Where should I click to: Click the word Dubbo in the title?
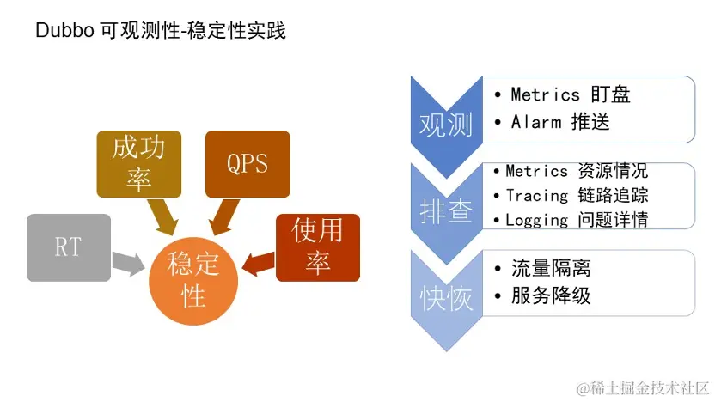point(59,32)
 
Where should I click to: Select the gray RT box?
point(68,247)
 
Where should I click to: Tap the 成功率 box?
point(138,164)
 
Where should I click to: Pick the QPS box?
point(247,164)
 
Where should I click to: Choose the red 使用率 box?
point(317,247)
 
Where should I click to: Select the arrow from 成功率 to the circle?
point(163,216)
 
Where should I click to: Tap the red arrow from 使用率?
point(258,260)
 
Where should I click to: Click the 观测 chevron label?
point(446,126)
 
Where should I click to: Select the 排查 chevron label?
point(446,211)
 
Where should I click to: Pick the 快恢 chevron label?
point(446,297)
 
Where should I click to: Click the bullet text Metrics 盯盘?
point(571,94)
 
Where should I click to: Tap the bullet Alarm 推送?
point(559,122)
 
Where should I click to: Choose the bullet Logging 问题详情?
point(576,220)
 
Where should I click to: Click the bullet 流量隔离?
point(551,269)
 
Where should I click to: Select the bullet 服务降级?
point(551,296)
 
